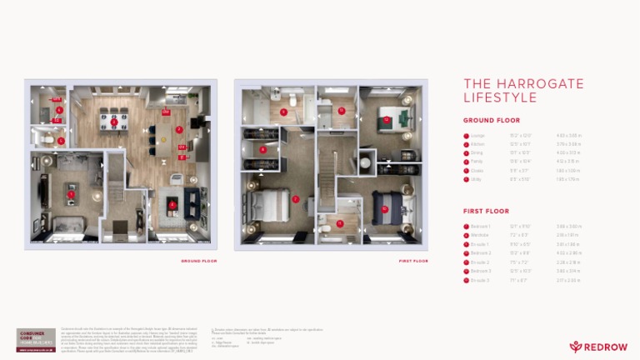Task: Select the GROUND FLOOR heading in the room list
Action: pos(492,120)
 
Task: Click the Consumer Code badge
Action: pos(36,340)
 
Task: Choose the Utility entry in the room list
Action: pos(477,179)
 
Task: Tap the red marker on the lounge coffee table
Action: pos(72,194)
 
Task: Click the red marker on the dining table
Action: pos(113,122)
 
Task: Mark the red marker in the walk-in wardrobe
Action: pos(263,149)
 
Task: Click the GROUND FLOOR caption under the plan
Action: pos(198,261)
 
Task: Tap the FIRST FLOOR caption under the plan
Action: pos(413,261)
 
